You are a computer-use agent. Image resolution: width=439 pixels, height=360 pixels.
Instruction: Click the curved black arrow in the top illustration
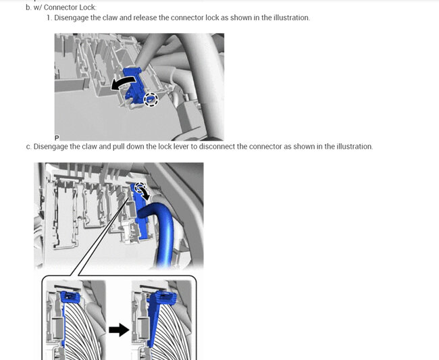click(123, 82)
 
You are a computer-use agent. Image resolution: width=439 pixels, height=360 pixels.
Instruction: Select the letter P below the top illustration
click(57, 138)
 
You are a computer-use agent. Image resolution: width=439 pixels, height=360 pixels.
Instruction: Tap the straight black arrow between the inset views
click(119, 330)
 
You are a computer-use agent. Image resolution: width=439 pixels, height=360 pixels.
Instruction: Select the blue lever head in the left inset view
click(70, 297)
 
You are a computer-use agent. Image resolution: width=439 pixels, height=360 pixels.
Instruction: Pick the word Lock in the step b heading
click(88, 7)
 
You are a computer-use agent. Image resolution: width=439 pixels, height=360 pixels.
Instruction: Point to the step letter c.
click(28, 147)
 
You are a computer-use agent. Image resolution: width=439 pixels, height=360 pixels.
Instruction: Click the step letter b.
click(28, 7)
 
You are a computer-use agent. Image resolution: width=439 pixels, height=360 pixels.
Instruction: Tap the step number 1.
click(49, 18)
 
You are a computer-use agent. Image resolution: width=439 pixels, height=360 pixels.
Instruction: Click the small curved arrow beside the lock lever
click(145, 194)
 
